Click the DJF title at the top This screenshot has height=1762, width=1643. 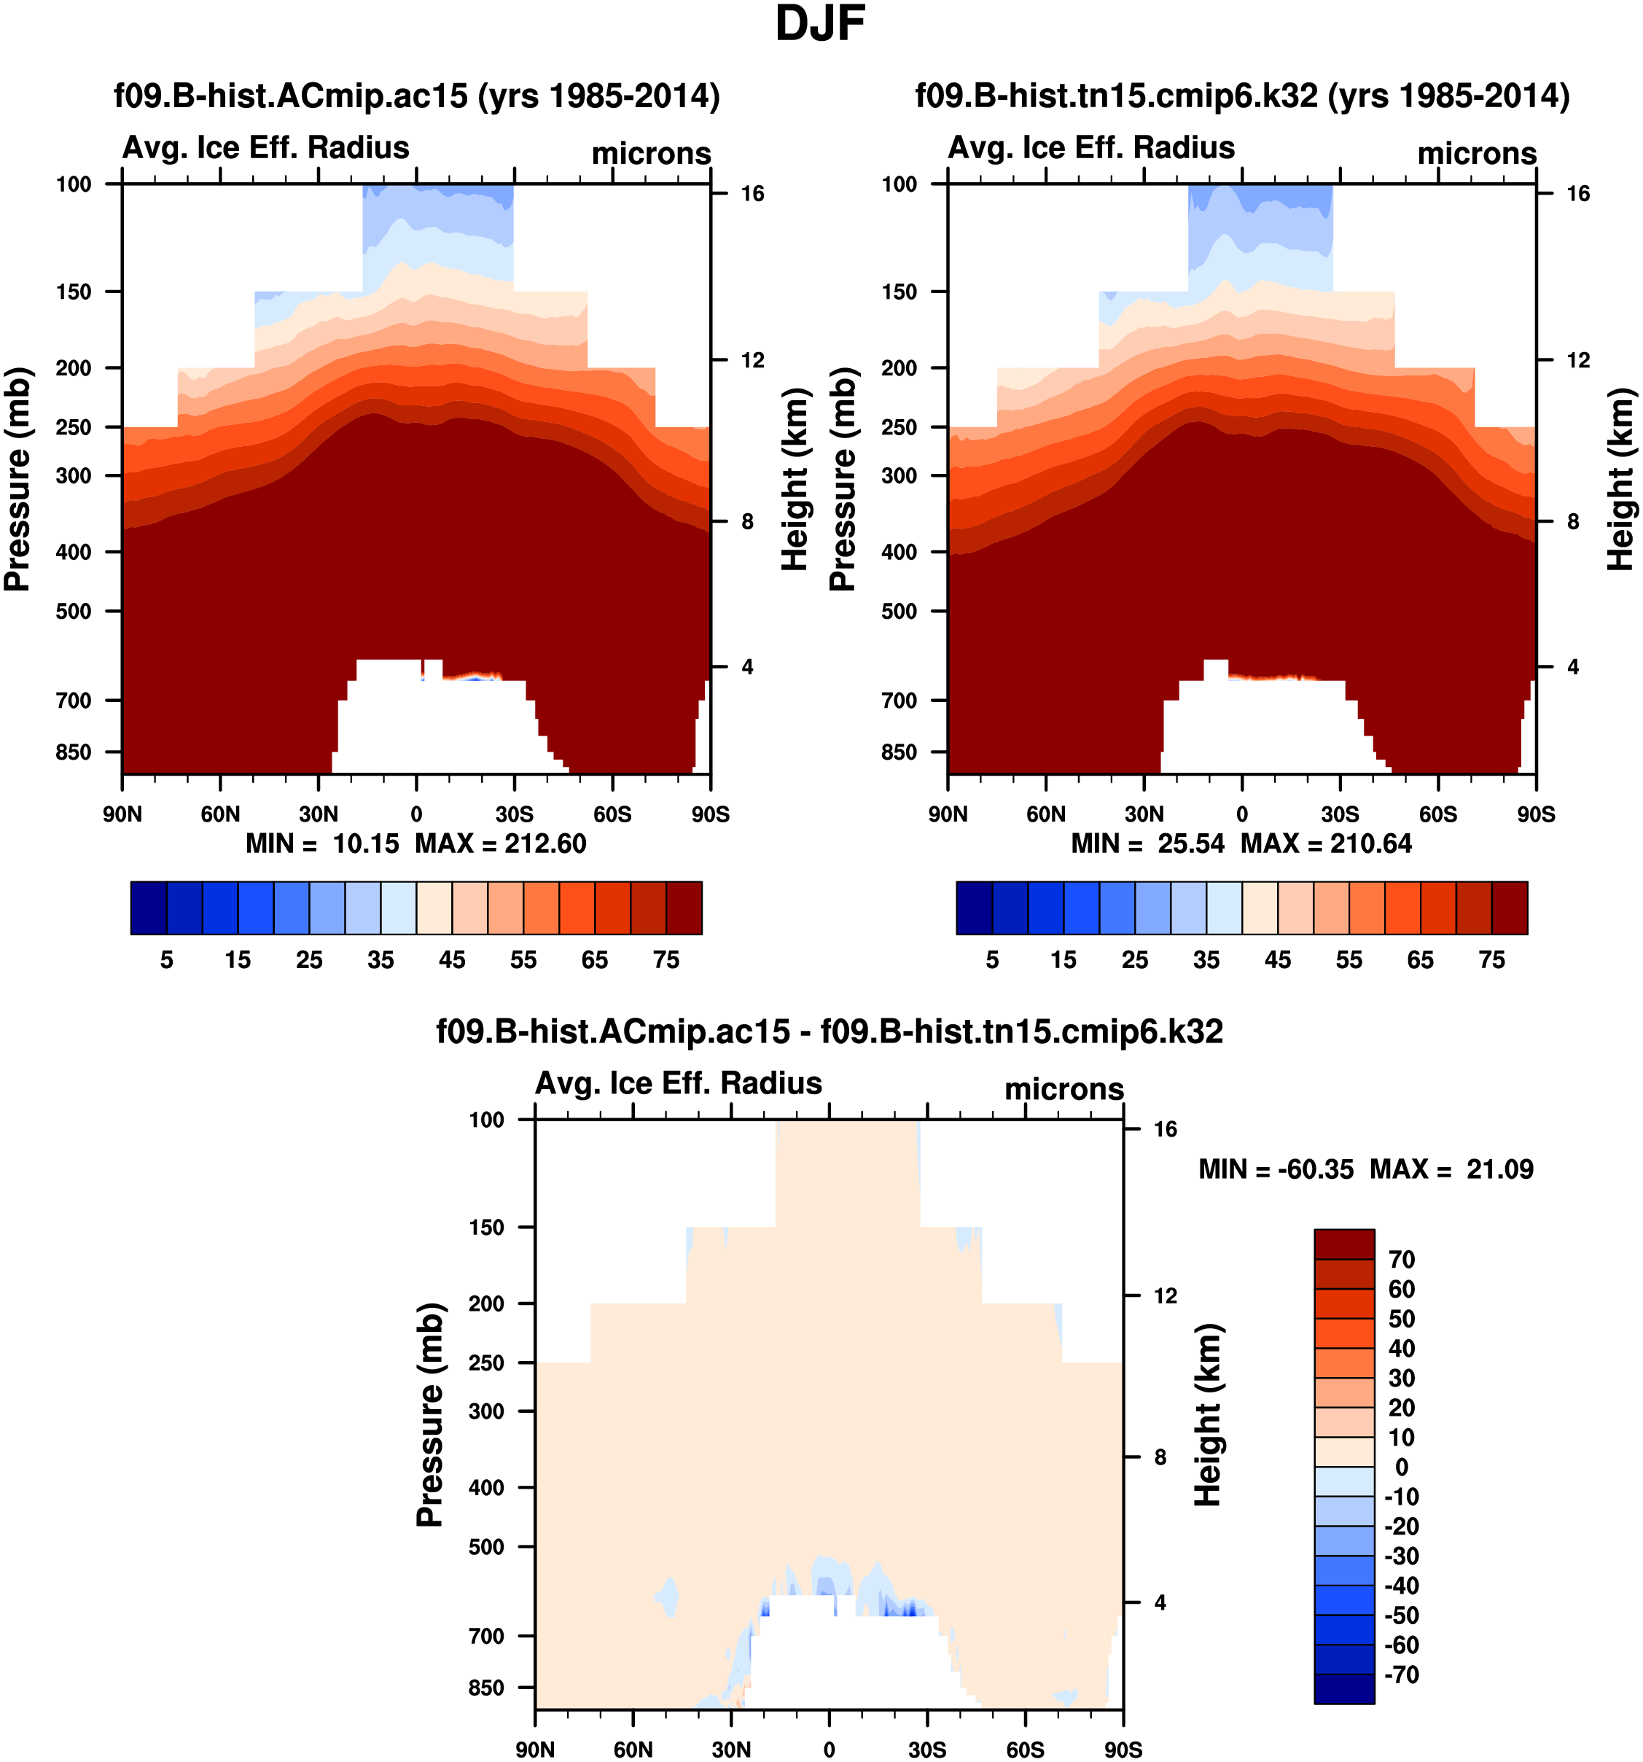(820, 24)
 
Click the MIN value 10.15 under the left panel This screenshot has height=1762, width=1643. (365, 843)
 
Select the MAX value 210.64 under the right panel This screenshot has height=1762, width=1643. (1370, 843)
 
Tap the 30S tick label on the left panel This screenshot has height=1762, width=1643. (514, 814)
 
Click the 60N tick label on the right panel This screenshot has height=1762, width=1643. (1046, 814)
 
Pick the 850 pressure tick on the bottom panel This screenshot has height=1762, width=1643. (486, 1688)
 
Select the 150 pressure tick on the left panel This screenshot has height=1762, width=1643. (74, 292)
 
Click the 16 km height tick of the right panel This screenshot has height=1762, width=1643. (1577, 194)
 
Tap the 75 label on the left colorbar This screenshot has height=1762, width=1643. (666, 960)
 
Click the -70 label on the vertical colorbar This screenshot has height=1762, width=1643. (1401, 1675)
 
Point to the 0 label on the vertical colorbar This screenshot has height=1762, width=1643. (1401, 1467)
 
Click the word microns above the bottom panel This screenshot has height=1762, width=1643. (1064, 1089)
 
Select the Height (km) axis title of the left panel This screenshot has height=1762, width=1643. (795, 479)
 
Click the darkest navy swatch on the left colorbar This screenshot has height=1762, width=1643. (148, 908)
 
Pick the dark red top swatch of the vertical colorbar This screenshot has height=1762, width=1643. (1343, 1244)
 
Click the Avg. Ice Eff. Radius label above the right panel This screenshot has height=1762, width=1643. (1091, 147)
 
